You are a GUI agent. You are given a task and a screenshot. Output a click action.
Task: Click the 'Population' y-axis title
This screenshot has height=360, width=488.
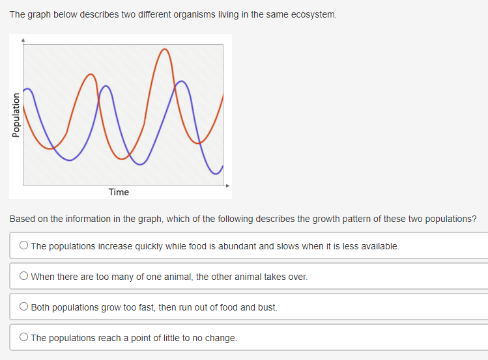16,115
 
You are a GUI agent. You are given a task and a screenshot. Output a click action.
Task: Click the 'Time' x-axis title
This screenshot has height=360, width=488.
119,192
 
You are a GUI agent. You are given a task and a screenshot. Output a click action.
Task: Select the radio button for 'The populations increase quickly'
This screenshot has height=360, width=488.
23,245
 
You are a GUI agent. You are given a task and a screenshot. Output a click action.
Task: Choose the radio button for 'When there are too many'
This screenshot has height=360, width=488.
23,276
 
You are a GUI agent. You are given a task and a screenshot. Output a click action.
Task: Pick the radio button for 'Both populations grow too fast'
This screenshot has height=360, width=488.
23,306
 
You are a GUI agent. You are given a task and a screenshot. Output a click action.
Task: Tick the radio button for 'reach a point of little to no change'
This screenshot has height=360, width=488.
23,337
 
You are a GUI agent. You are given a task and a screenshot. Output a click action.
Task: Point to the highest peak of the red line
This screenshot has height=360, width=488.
165,49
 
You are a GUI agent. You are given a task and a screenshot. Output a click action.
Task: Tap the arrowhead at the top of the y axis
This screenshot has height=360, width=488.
23,40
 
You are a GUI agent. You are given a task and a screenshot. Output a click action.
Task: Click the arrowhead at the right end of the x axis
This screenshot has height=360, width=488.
228,186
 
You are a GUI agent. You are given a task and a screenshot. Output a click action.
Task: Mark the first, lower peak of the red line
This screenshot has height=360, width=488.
91,74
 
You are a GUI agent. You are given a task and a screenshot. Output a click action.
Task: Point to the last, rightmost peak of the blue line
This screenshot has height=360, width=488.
181,81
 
